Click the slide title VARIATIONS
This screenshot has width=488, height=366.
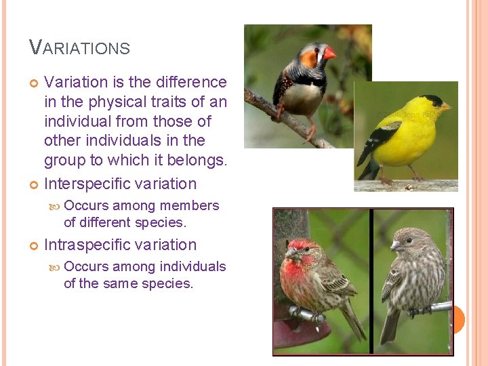click(x=80, y=47)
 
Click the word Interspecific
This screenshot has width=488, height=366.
click(x=87, y=184)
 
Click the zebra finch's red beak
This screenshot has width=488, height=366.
click(x=329, y=53)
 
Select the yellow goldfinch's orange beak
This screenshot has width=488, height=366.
click(x=445, y=106)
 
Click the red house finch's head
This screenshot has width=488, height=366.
click(x=300, y=247)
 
